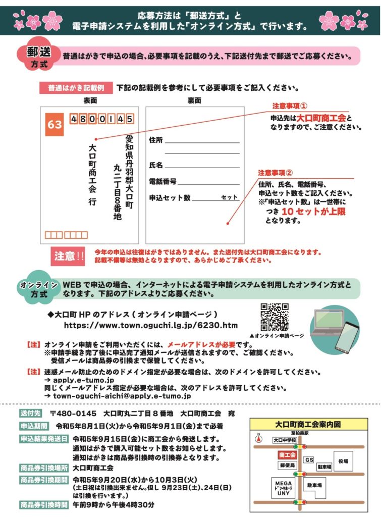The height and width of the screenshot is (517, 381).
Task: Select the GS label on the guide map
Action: click(x=309, y=460)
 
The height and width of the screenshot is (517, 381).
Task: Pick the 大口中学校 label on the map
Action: click(x=286, y=440)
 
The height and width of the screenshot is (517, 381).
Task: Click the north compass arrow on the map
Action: click(x=258, y=438)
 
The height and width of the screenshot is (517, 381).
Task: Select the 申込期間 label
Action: click(x=33, y=426)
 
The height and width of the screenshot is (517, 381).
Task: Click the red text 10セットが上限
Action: click(x=313, y=212)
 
